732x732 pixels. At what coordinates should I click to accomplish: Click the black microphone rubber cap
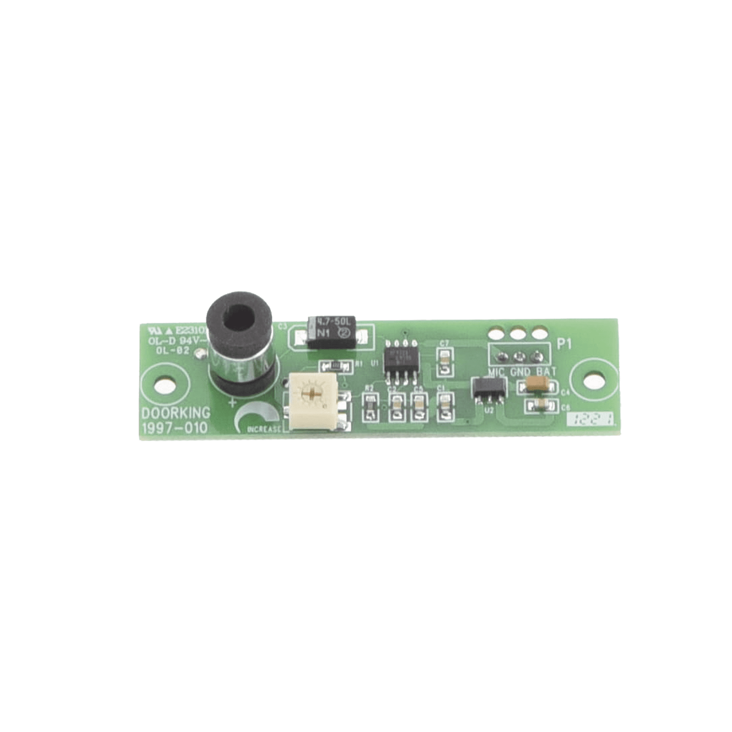pyautogui.click(x=239, y=316)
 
